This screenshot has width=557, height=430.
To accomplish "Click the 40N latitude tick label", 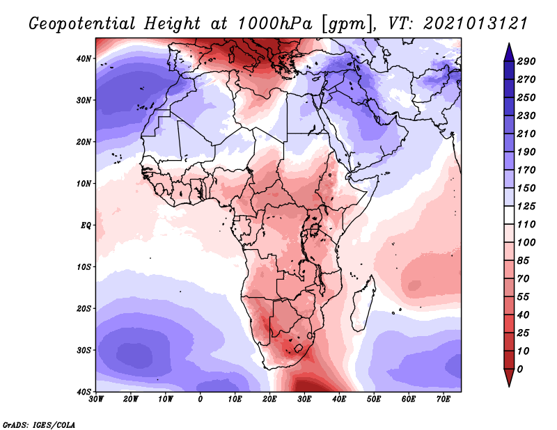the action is click(84, 58).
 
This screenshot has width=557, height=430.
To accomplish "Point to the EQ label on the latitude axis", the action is click(86, 225).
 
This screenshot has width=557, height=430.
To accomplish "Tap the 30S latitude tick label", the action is click(84, 350).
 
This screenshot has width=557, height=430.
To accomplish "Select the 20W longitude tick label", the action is click(130, 399).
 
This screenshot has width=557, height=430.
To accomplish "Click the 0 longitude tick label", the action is click(200, 399).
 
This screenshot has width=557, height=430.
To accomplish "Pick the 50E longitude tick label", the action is click(374, 399).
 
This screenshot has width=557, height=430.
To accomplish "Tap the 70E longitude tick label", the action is click(443, 399).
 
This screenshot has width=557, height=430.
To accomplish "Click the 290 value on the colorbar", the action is click(526, 61).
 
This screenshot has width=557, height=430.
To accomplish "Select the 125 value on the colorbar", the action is click(526, 206).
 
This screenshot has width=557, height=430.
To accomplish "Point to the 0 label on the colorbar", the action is click(520, 369).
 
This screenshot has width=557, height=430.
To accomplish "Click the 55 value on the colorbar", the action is click(523, 297).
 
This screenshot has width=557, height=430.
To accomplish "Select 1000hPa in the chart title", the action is click(274, 24).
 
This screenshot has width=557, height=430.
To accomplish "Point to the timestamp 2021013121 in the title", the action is click(475, 24).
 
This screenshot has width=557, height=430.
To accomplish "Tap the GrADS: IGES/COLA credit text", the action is click(39, 424).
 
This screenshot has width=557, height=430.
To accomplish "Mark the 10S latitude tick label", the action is click(84, 266).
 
